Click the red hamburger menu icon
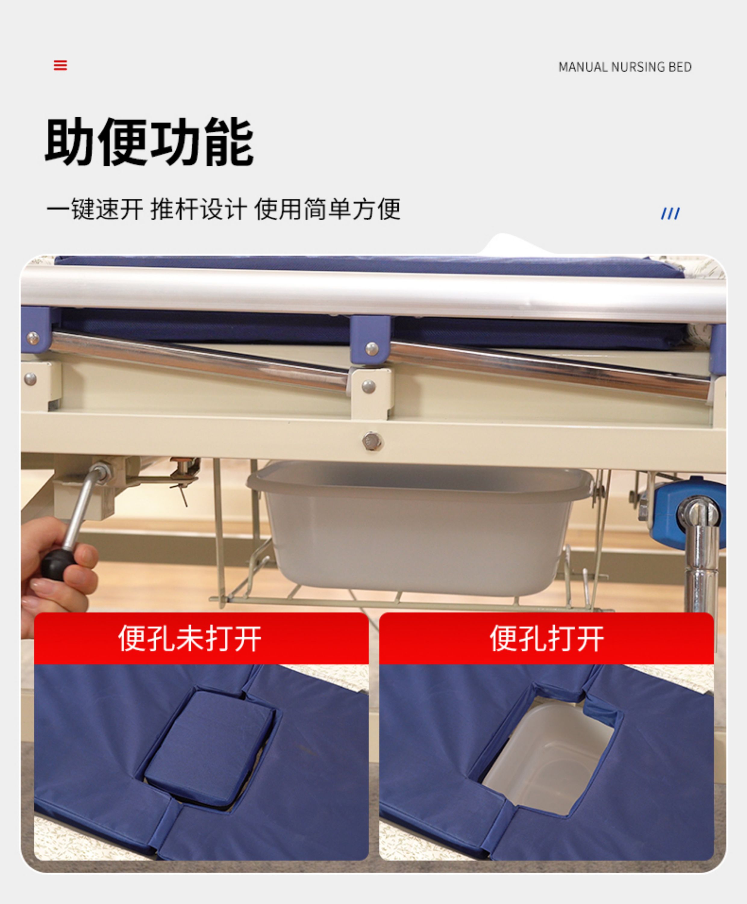coord(60,65)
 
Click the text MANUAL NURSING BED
coord(625,67)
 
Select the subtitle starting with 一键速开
coord(223,209)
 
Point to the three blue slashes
coord(670,213)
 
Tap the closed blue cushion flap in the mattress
coord(210,748)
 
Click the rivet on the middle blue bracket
coord(372,348)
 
